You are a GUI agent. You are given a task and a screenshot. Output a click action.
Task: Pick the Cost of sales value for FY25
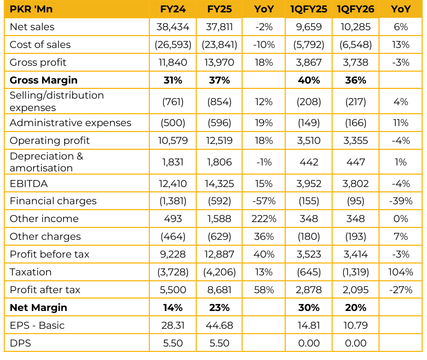click(x=219, y=45)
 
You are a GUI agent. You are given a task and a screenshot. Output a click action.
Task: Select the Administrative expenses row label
click(x=71, y=123)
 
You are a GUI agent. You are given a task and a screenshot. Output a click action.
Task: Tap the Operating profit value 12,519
click(x=219, y=141)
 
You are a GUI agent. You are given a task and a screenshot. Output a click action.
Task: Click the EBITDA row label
click(x=29, y=183)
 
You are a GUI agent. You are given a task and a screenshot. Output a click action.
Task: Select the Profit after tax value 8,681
click(x=219, y=290)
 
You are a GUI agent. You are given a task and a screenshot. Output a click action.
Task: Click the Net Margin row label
click(x=38, y=308)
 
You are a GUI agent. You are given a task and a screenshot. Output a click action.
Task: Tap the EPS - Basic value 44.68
click(x=219, y=326)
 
